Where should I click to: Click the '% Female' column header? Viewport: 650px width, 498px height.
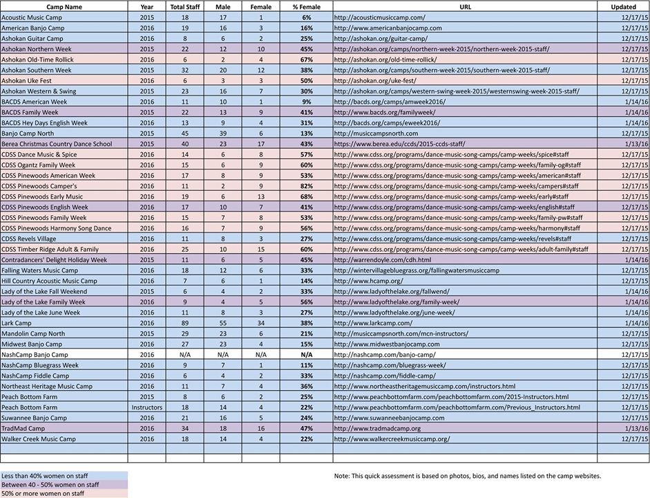pos(306,6)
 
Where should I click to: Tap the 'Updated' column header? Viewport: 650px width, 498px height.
pos(623,6)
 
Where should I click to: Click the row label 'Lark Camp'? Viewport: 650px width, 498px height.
pos(17,323)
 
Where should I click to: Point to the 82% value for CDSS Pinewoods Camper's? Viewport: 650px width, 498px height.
pos(306,186)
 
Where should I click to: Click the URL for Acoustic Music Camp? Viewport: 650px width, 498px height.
pos(379,17)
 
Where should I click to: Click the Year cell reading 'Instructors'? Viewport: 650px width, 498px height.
pos(147,407)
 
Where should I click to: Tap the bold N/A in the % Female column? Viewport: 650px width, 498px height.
pos(306,354)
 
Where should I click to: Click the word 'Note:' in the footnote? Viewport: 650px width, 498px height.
pos(341,477)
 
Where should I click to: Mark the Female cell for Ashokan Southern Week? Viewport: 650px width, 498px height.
pos(260,70)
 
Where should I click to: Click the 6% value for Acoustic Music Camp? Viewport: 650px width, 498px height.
pos(306,17)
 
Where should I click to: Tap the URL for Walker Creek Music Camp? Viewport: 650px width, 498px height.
pos(391,439)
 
